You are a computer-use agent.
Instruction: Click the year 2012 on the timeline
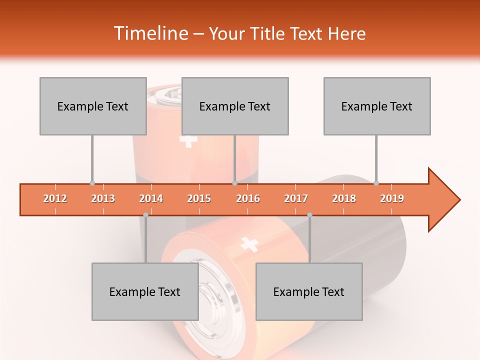(55, 198)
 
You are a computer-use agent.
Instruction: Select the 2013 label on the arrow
(103, 198)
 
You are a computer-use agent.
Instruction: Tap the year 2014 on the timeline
(151, 198)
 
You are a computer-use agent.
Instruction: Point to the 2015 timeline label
(199, 198)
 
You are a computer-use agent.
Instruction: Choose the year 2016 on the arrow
(248, 198)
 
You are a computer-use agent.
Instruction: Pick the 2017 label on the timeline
(296, 198)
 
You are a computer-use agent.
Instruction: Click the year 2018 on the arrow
(344, 198)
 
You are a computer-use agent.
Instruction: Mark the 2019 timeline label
(392, 198)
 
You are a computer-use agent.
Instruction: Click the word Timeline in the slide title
(150, 33)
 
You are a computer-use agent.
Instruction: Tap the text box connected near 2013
(93, 106)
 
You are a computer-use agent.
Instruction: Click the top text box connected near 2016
(235, 106)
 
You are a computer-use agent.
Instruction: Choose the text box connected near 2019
(377, 106)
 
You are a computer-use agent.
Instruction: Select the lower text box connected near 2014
(145, 291)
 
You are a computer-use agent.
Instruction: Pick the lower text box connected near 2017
(309, 291)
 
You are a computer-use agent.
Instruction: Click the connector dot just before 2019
(376, 183)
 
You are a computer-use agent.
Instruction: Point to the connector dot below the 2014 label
(145, 214)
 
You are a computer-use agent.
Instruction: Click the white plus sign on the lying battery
(249, 244)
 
